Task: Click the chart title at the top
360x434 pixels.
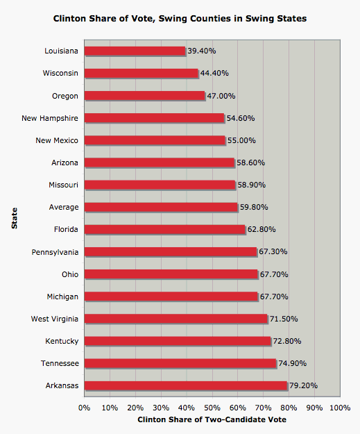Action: [180, 19]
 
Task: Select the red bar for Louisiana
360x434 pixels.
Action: [135, 51]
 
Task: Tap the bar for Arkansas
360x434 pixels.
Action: [185, 385]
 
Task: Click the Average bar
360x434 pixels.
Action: [160, 207]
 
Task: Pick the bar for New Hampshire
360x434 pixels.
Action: [154, 118]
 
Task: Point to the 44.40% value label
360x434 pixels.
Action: [214, 73]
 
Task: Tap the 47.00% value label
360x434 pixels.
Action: [221, 96]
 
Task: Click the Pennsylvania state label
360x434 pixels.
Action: [55, 251]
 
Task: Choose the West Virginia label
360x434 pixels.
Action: [54, 319]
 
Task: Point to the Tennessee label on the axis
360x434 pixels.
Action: [60, 363]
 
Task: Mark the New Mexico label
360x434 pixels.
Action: [57, 140]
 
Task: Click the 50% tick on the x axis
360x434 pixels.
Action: [212, 407]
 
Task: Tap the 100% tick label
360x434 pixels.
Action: [340, 407]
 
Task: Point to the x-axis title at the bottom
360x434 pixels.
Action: [212, 420]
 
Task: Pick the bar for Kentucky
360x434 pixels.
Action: [177, 341]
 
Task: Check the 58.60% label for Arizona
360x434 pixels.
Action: [251, 162]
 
